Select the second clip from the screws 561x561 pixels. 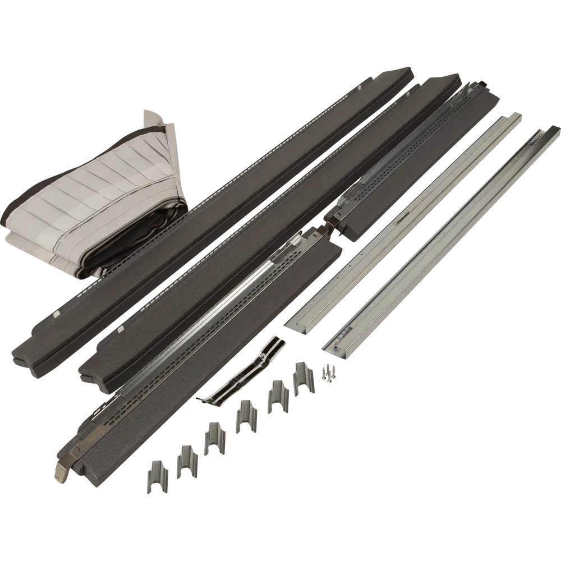(x=277, y=394)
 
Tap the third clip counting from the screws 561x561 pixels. (x=245, y=412)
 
